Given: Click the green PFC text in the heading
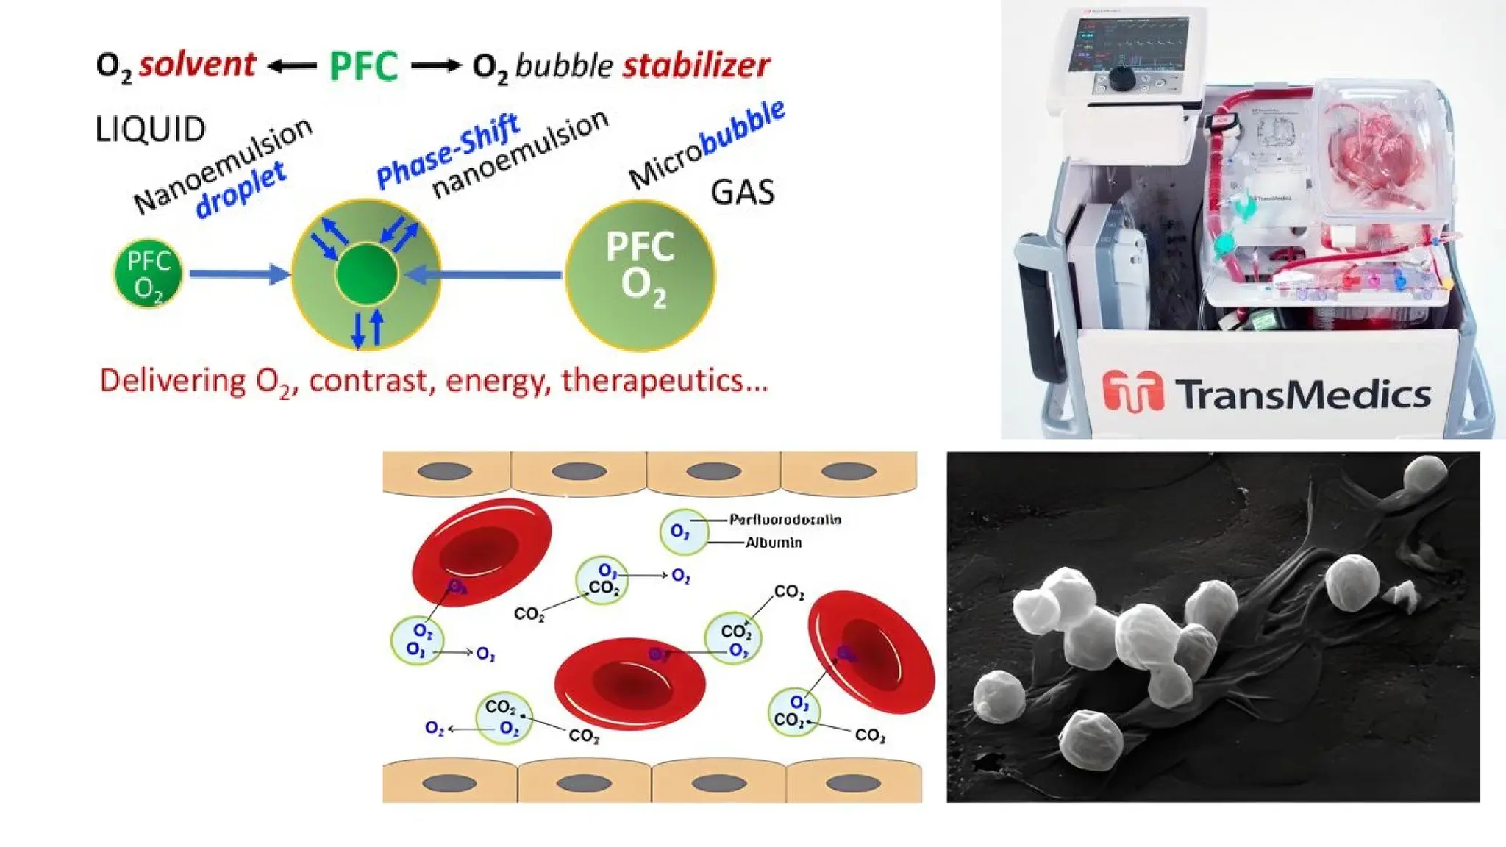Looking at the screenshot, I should coord(363,66).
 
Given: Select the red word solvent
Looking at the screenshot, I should coord(197,65).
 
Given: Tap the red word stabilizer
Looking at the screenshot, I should coord(696,65).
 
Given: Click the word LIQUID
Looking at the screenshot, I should coord(151,129).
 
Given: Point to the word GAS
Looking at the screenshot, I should coord(742,193).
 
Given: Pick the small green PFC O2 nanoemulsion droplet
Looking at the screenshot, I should coord(148,274).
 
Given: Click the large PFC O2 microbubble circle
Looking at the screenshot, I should coord(640,275).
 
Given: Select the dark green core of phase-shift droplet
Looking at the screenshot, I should coord(366,274).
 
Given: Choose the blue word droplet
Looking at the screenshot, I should coord(240,190).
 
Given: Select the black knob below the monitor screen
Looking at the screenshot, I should coord(1121,79).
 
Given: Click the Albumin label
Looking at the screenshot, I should coord(774,543).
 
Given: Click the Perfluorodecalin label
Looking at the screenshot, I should coord(785,520).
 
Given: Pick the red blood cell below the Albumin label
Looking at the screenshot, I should coord(871,651).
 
